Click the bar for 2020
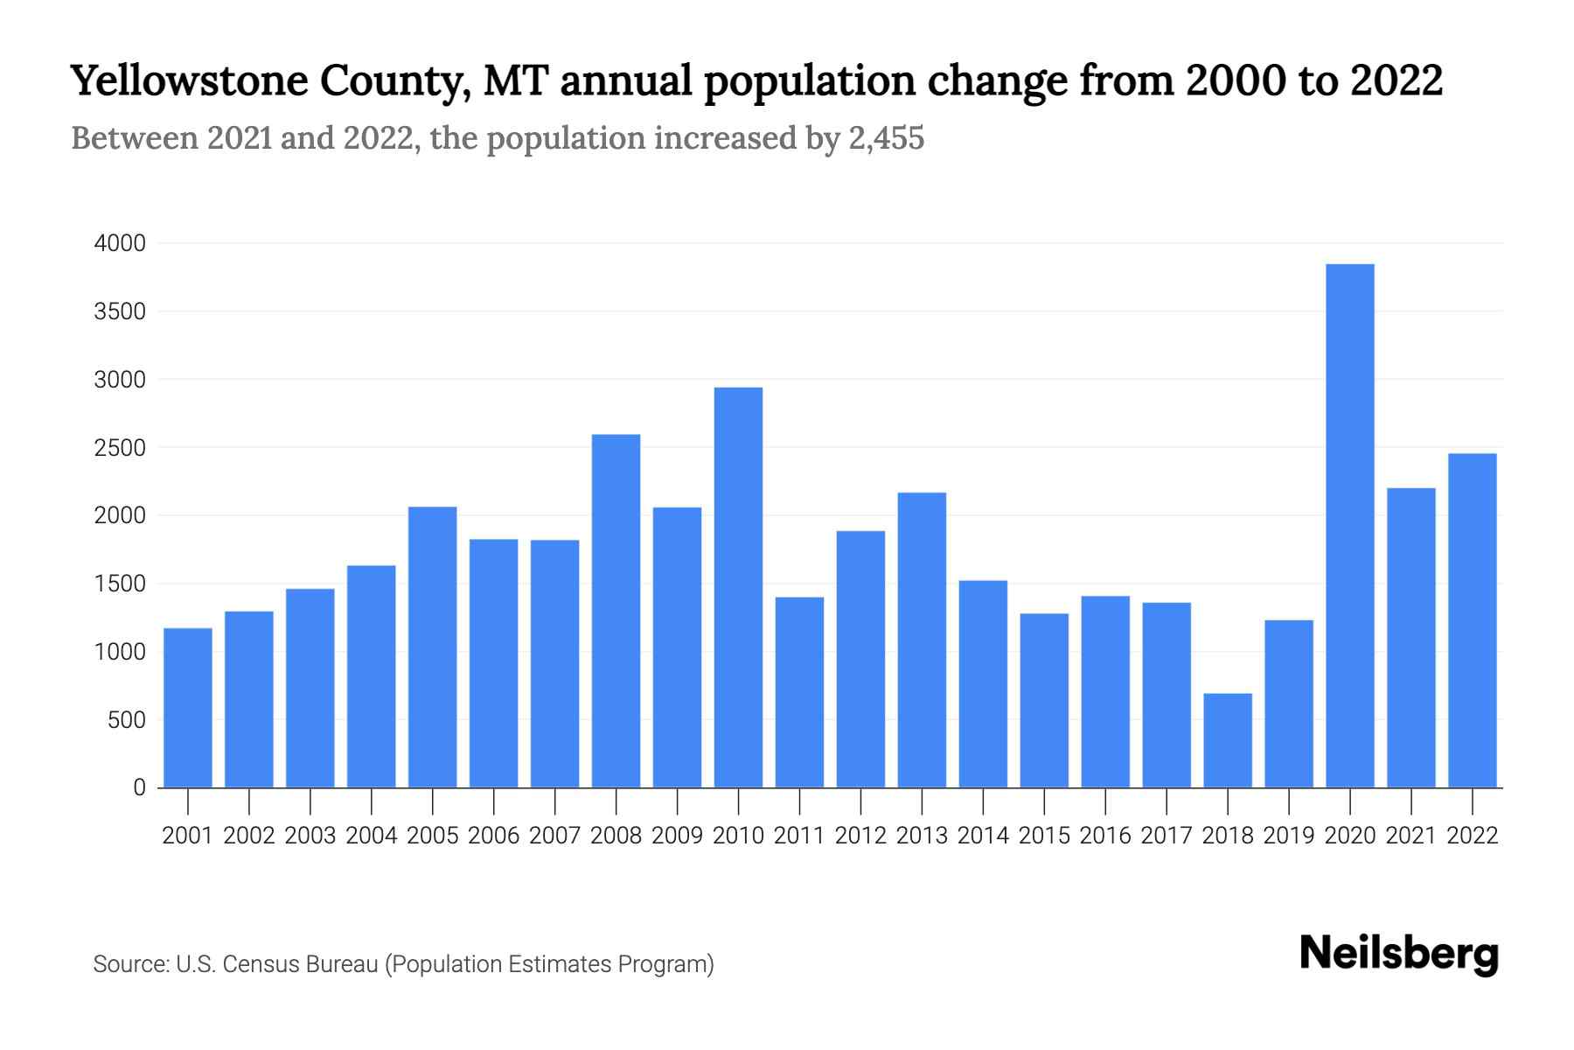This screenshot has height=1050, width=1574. tap(1349, 525)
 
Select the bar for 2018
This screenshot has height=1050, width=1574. tap(1227, 740)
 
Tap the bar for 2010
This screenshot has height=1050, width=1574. tap(738, 587)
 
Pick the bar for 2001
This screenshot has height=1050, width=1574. tap(188, 707)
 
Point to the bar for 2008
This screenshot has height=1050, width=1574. tap(616, 611)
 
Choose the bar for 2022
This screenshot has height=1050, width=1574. tap(1472, 619)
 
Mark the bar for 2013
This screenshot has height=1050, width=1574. tap(922, 640)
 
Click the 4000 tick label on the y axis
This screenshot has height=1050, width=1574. tap(120, 243)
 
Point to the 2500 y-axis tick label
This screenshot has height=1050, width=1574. tap(120, 448)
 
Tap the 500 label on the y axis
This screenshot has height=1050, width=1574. tap(127, 720)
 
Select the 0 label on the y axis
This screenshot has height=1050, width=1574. tap(139, 787)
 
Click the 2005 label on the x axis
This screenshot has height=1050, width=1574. tap(432, 836)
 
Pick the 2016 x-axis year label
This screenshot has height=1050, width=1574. tap(1105, 836)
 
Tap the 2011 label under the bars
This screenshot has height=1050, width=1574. tap(799, 836)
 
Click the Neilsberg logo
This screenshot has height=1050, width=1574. tap(1398, 954)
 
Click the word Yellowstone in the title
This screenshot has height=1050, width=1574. tap(189, 81)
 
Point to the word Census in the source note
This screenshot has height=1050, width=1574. tap(260, 964)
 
